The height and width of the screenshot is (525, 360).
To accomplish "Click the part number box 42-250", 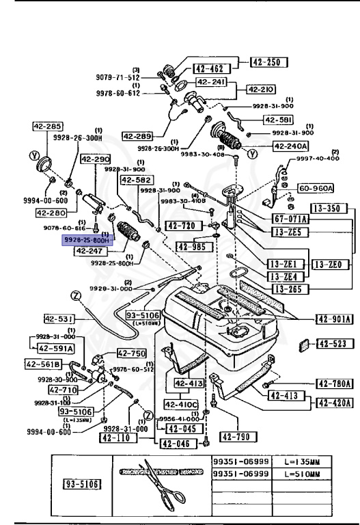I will (x=268, y=63).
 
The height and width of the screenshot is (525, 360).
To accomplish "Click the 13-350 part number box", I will (x=328, y=207).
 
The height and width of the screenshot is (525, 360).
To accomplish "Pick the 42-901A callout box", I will (x=333, y=318).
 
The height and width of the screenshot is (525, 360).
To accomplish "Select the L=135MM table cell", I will (x=305, y=463).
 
